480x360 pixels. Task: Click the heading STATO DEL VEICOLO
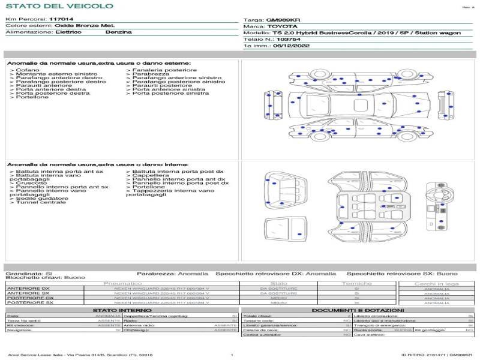point(59,6)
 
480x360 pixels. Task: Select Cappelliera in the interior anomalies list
point(151,175)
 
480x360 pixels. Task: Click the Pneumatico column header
point(123,283)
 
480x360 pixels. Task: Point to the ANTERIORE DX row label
point(30,289)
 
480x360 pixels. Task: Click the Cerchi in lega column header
point(436,283)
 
